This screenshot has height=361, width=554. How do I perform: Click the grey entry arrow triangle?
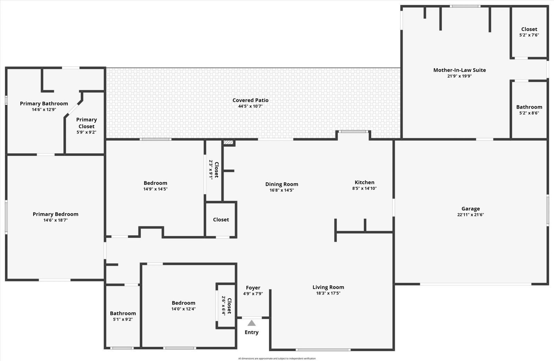[x=252, y=323]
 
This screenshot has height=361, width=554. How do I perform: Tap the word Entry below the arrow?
[x=252, y=332]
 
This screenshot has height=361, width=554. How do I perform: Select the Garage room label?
[x=471, y=209]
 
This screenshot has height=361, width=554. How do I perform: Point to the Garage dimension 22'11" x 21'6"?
[x=471, y=215]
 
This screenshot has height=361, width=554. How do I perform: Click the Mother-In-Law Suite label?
[x=459, y=70]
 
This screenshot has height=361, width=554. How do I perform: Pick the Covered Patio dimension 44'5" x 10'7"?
[x=250, y=106]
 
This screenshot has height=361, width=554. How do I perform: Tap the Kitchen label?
[x=364, y=182]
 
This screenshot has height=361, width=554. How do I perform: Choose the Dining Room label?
[x=282, y=184]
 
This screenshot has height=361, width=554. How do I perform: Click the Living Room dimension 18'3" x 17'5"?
[x=328, y=293]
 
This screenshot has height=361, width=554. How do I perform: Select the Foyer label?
[x=253, y=288]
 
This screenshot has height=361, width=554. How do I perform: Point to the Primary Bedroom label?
[x=55, y=214]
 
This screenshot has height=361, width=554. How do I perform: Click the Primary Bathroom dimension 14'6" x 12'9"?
[x=44, y=109]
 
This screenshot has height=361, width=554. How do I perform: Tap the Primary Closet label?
[x=87, y=123]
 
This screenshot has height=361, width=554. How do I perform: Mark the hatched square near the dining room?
[x=228, y=142]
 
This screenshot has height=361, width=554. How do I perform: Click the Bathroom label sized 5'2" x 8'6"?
[x=529, y=107]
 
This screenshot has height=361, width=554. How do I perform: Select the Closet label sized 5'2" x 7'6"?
[x=529, y=29]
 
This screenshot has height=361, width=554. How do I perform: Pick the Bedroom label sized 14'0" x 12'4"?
[x=184, y=303]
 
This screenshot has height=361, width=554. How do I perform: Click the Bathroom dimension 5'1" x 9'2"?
[x=123, y=319]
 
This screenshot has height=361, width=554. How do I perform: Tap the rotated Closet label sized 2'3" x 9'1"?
[x=216, y=170]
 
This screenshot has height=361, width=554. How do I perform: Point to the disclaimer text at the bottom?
[x=277, y=359]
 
